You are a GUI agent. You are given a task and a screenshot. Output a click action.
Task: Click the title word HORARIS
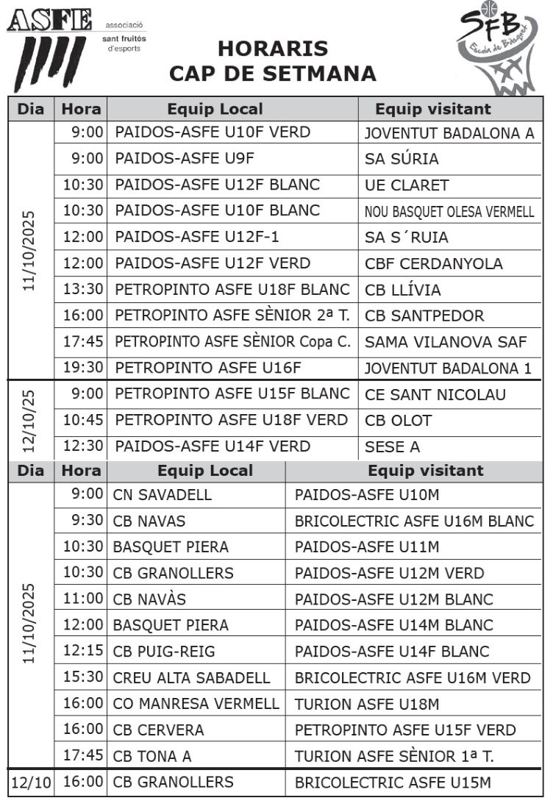[x=272, y=49]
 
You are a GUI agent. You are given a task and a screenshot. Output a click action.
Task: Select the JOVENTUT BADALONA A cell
[x=449, y=133]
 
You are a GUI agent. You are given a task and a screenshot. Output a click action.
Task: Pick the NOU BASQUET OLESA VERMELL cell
[x=449, y=212]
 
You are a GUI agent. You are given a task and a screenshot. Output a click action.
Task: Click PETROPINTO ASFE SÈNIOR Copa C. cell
[x=232, y=342]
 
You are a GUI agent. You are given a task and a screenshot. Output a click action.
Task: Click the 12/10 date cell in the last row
[x=31, y=783]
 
